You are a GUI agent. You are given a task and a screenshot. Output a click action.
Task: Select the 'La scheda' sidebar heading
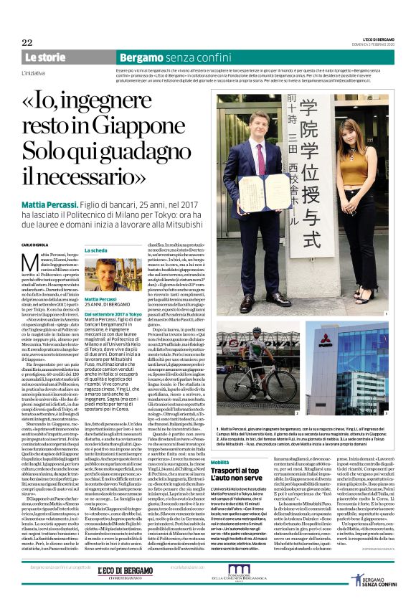pos(97,250)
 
